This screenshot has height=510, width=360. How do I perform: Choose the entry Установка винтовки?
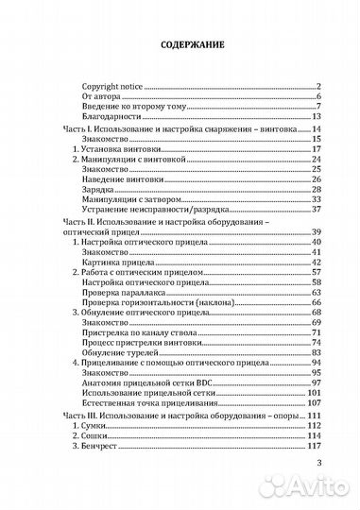(x=110, y=149)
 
